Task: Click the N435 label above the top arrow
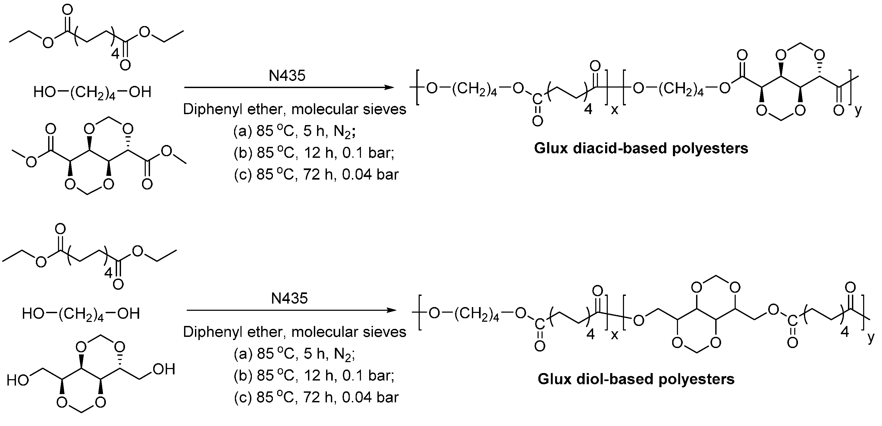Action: click(x=287, y=75)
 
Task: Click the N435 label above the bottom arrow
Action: click(x=289, y=299)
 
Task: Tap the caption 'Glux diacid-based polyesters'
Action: click(x=641, y=148)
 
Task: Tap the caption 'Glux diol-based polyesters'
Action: click(x=636, y=379)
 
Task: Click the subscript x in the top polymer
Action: click(x=615, y=110)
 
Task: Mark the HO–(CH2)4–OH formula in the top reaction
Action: click(x=92, y=92)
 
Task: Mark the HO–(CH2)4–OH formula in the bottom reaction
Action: click(x=81, y=314)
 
